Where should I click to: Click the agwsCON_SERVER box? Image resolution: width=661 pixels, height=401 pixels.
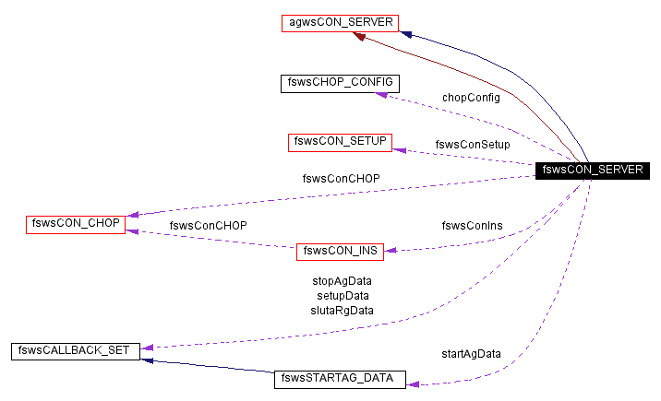(340, 23)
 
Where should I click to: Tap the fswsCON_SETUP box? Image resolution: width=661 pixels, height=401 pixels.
(339, 142)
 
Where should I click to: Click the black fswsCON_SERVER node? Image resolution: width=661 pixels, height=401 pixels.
(591, 170)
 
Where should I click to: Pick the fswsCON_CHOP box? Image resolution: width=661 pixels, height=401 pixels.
(75, 223)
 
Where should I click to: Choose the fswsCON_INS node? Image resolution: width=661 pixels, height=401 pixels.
(339, 250)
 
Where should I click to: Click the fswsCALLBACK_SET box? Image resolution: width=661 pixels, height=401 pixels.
(76, 350)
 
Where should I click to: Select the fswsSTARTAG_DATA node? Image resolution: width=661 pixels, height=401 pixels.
(340, 379)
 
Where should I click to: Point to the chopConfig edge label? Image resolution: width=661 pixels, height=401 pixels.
(470, 98)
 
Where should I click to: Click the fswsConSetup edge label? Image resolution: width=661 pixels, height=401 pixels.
(472, 145)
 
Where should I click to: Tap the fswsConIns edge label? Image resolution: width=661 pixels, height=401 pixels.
(472, 225)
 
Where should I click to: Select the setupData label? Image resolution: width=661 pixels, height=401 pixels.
(342, 295)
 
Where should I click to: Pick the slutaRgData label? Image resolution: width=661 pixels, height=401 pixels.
(342, 310)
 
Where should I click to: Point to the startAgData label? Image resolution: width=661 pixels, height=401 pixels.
(471, 354)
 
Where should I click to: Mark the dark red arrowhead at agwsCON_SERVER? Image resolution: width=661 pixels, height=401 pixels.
(362, 37)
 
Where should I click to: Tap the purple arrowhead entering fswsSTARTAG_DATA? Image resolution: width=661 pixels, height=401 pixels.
(413, 383)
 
